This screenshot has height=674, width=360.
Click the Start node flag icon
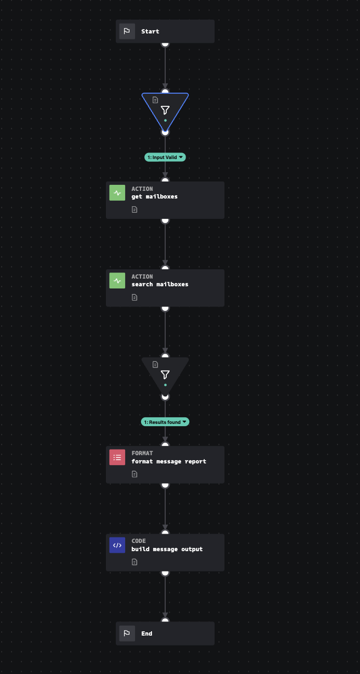click(127, 31)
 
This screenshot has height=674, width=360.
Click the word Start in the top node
click(150, 31)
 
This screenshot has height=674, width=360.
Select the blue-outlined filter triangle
click(165, 110)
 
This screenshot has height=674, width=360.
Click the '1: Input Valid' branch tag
click(165, 157)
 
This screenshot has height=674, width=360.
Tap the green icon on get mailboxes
click(117, 193)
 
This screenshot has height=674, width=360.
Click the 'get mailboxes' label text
click(154, 196)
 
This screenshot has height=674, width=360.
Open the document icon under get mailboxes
click(134, 209)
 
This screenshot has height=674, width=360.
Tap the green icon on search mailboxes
click(117, 281)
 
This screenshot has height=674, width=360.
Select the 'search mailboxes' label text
click(160, 284)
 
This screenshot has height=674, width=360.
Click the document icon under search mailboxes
click(134, 297)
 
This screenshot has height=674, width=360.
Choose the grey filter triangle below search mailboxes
click(165, 375)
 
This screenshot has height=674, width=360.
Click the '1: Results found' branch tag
click(165, 422)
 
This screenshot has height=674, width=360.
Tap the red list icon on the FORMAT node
click(117, 457)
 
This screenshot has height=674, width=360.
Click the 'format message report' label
click(168, 461)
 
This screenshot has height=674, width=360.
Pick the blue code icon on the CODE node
click(117, 545)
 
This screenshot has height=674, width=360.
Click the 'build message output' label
click(167, 549)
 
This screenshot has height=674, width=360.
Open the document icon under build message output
click(134, 562)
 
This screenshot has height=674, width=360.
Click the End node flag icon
click(127, 633)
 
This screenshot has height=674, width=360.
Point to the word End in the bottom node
click(147, 633)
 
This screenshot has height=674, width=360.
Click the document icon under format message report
click(134, 474)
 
